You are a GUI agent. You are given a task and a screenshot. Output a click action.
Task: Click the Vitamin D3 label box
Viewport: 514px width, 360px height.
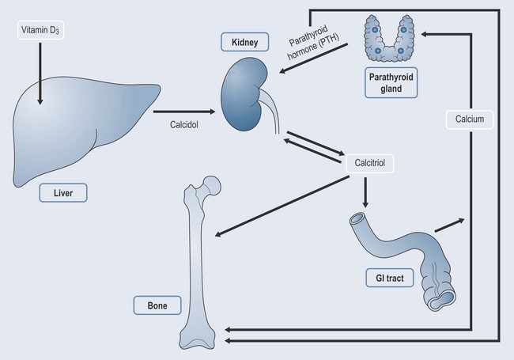click(40, 32)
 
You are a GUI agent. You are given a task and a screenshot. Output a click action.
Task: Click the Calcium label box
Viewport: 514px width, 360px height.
click(469, 119)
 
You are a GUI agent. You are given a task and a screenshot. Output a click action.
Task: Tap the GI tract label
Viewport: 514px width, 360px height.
click(390, 278)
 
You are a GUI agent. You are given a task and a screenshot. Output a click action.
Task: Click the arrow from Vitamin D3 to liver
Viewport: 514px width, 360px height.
click(40, 75)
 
